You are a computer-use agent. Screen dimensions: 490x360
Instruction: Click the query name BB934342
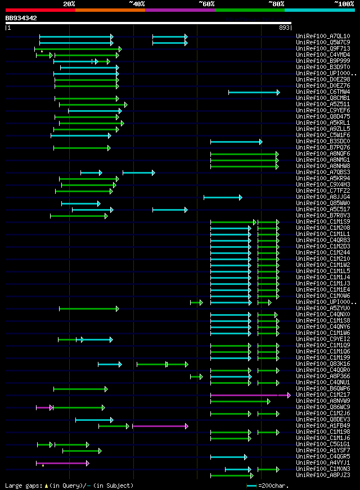click(x=21, y=18)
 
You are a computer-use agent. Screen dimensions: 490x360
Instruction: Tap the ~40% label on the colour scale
click(x=137, y=3)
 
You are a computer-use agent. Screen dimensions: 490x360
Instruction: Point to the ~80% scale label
click(x=276, y=3)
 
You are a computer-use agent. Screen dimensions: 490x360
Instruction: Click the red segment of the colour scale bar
click(x=40, y=10)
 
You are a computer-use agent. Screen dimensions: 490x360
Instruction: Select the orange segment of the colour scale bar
click(x=110, y=10)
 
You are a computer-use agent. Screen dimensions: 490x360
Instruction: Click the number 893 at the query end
click(x=285, y=27)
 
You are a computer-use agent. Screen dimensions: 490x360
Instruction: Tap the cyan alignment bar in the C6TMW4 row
click(x=253, y=92)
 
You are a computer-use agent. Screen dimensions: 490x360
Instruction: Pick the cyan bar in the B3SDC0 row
click(x=236, y=142)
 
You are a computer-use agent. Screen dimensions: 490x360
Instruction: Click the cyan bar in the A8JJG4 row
click(x=222, y=197)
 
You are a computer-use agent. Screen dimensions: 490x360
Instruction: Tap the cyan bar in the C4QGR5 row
click(x=228, y=457)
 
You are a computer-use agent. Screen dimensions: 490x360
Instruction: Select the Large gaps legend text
click(x=69, y=485)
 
